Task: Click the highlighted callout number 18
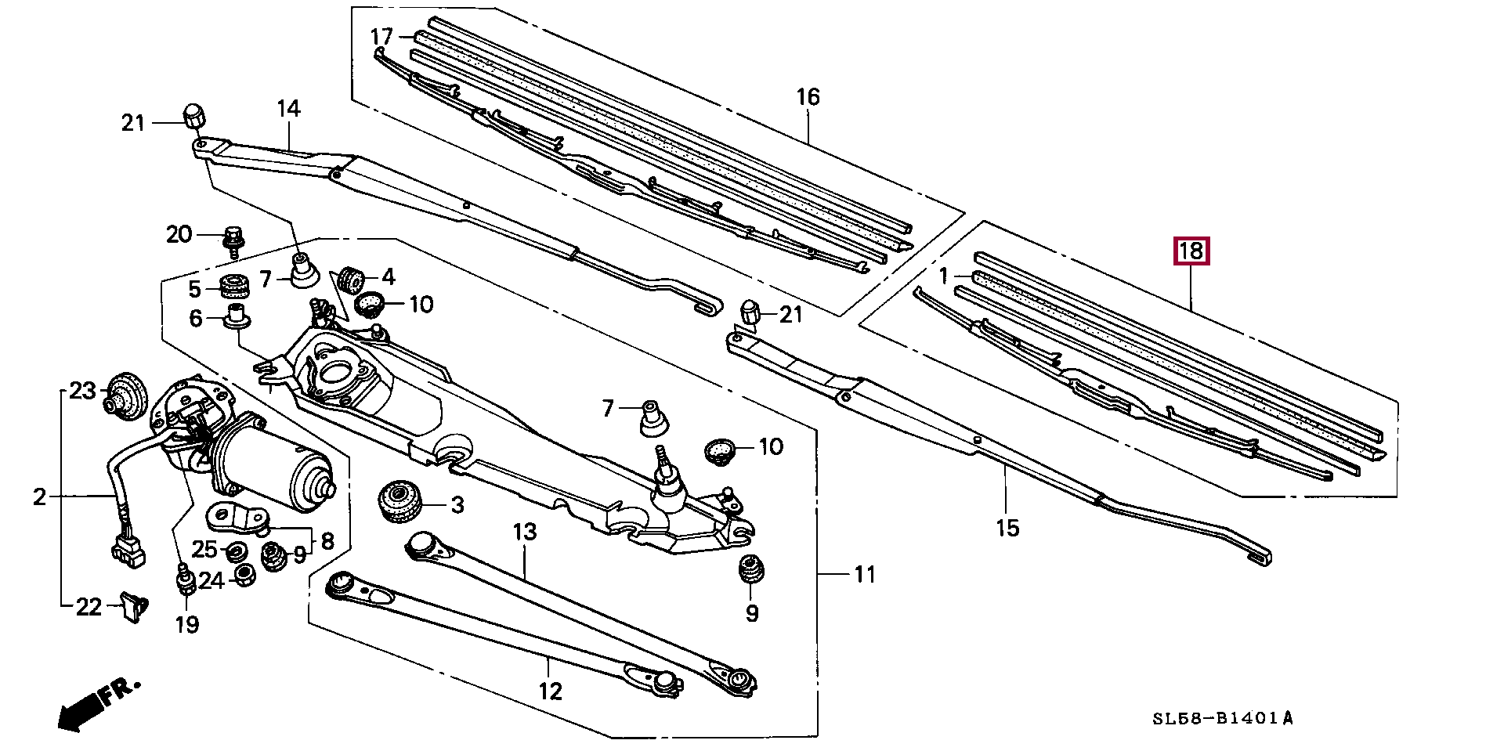(1190, 251)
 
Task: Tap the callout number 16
(808, 97)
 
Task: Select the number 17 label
(381, 37)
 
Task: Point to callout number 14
(288, 108)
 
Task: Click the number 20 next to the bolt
(179, 234)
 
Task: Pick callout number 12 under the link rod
(551, 691)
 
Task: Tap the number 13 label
(525, 533)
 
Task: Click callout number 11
(864, 575)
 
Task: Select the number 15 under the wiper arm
(1007, 528)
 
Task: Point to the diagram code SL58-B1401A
(1222, 718)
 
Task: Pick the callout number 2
(39, 496)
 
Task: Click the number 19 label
(187, 624)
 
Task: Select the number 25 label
(204, 549)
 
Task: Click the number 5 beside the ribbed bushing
(194, 289)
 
